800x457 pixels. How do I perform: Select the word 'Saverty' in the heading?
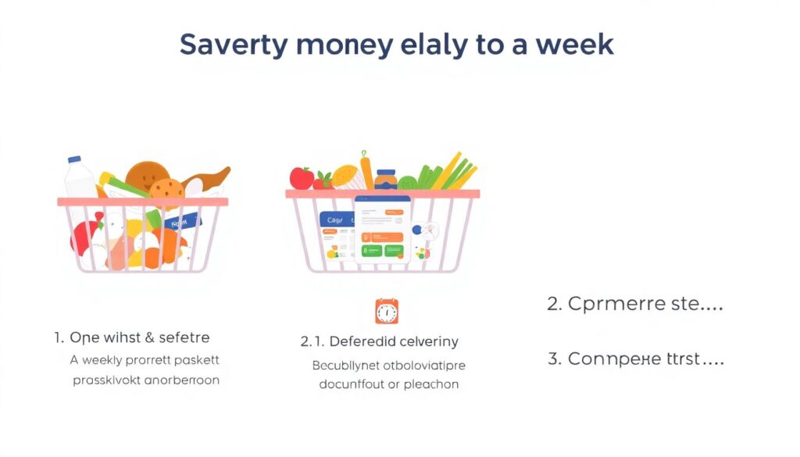232,45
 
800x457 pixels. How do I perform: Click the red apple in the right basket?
301,178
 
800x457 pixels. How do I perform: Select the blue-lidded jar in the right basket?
385,179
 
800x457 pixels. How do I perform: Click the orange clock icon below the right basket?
386,311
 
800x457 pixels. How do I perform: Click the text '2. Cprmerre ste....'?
634,304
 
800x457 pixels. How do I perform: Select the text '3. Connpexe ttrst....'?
634,359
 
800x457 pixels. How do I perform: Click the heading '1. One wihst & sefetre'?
132,337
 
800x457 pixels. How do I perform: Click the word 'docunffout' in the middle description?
354,384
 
